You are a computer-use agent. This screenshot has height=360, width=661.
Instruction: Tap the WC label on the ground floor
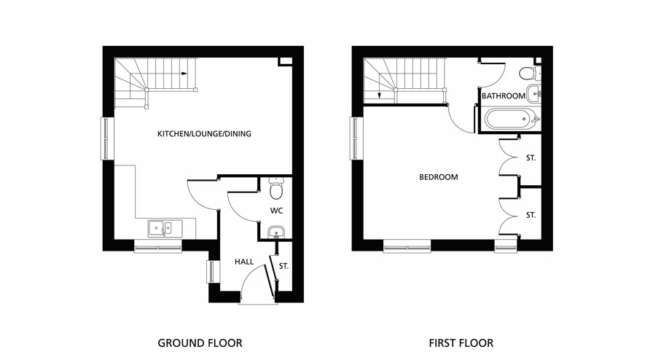[x=276, y=211]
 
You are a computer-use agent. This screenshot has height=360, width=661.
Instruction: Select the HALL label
[x=244, y=262]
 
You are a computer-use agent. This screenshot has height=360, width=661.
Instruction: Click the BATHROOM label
[x=503, y=96]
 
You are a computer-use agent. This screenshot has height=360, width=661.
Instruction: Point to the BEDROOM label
[x=438, y=177]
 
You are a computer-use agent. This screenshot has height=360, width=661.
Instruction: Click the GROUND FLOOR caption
[x=200, y=343]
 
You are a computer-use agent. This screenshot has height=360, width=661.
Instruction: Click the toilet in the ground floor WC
[x=275, y=189]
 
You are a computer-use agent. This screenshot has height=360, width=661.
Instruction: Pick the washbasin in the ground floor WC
[x=275, y=233]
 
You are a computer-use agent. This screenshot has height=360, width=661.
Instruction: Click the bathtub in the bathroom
[x=510, y=118]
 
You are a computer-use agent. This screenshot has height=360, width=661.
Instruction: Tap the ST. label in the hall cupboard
[x=283, y=267]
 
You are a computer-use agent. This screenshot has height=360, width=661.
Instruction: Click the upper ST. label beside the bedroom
[x=531, y=157]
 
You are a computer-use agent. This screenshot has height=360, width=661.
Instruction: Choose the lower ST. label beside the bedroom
[x=531, y=215]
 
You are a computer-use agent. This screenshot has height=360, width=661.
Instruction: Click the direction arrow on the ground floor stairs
[x=184, y=73]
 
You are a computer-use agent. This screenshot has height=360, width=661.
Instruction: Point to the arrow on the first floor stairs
[x=379, y=93]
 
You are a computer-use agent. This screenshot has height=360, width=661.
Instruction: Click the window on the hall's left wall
[x=211, y=271]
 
